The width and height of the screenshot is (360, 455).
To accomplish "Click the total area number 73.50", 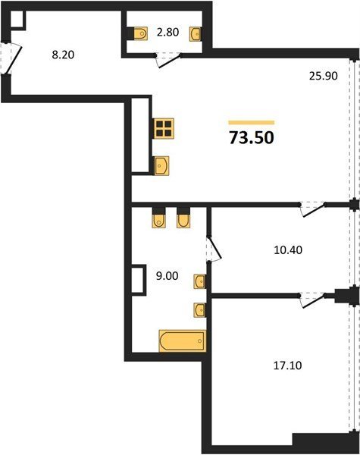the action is click(252, 137).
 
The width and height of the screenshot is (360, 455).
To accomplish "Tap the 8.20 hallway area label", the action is click(63, 55).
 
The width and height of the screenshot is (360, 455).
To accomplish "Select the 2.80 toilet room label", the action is click(167, 32).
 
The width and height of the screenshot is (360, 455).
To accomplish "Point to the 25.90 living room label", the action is click(323, 76).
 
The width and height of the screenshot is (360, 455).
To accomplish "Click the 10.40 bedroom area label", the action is click(288, 249).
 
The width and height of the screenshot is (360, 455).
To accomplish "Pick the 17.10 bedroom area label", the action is click(287, 366).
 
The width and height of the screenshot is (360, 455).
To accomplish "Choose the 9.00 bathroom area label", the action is click(167, 276).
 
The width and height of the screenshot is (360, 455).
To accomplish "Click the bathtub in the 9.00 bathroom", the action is click(183, 341).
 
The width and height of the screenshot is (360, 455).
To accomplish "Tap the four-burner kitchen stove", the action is click(163, 129).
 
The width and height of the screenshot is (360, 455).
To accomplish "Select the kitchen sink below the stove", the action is click(161, 165).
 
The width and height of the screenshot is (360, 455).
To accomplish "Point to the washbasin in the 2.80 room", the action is click(195, 34).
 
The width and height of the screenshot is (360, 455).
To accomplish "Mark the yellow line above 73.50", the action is click(251, 122).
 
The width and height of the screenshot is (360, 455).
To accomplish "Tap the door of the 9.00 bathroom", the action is click(214, 247).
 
